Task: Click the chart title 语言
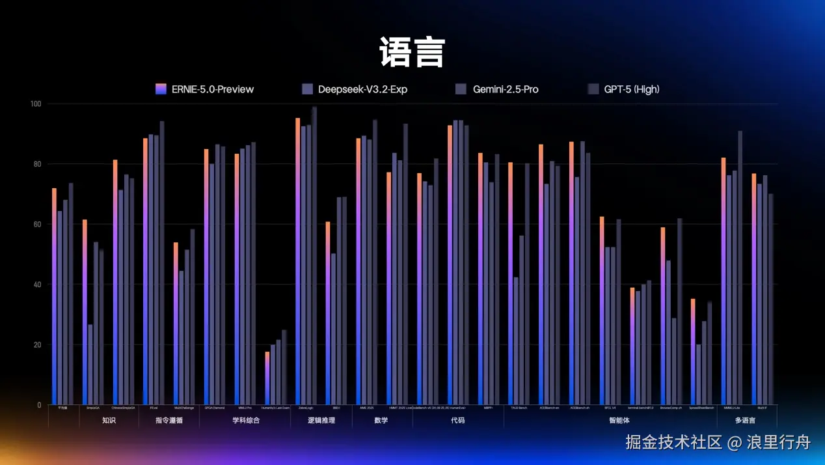pyautogui.click(x=412, y=53)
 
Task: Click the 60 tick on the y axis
pyautogui.click(x=36, y=225)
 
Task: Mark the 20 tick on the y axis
pyautogui.click(x=36, y=345)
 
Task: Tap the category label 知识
pyautogui.click(x=109, y=421)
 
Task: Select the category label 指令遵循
pyautogui.click(x=169, y=421)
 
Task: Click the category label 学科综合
pyautogui.click(x=246, y=421)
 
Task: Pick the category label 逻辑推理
pyautogui.click(x=321, y=421)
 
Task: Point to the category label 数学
pyautogui.click(x=381, y=421)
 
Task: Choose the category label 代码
pyautogui.click(x=457, y=421)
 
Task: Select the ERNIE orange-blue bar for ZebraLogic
pyautogui.click(x=298, y=261)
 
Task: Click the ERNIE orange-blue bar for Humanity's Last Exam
pyautogui.click(x=267, y=378)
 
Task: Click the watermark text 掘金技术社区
pyautogui.click(x=673, y=443)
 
